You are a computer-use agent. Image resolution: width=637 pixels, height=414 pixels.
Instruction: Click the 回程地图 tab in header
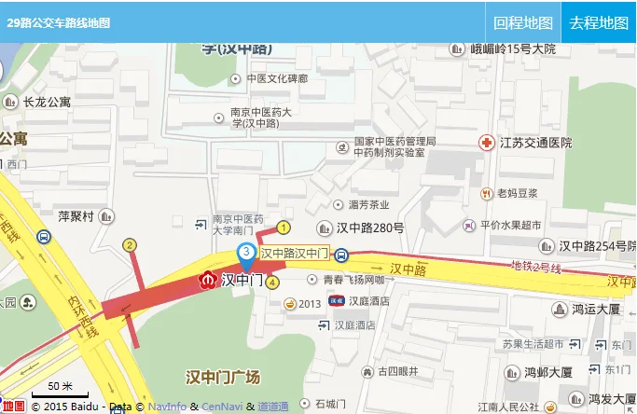coord(523,22)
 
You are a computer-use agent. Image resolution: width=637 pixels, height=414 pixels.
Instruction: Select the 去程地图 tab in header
coord(599,22)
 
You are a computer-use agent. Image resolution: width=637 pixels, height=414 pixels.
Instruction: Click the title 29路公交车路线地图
coord(58,22)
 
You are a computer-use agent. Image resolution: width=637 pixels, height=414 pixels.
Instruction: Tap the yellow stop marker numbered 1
coord(284,227)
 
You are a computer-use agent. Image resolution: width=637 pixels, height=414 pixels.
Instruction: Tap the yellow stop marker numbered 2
coord(130,245)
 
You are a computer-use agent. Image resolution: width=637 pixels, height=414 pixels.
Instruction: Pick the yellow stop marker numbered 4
coord(272,282)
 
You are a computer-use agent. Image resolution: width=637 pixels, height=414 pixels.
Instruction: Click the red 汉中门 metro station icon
coord(208,279)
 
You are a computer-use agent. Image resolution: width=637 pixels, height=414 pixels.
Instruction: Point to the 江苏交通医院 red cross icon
coord(486,143)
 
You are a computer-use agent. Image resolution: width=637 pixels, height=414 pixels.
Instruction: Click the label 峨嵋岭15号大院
coord(512,48)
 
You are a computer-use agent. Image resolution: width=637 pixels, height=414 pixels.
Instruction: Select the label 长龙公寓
coord(47,102)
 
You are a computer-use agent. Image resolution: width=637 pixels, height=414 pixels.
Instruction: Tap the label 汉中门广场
coord(223,378)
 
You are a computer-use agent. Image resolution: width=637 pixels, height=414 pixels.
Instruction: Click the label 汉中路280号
coord(369,228)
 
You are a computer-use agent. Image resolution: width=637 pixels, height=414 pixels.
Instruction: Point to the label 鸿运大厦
coord(596,308)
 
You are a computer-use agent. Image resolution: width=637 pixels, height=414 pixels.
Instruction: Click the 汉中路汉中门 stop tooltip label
coord(294,253)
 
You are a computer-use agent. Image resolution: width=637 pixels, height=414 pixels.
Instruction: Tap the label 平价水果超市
coord(510,225)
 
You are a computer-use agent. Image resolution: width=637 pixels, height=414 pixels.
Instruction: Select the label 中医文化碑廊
coord(275,79)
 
